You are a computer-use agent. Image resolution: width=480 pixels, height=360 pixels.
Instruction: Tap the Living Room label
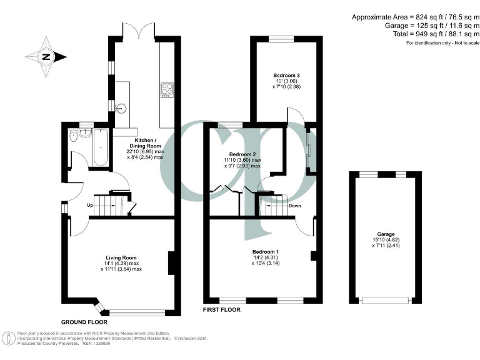(121, 257)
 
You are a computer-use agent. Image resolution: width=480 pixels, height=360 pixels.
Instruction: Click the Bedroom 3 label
(286, 76)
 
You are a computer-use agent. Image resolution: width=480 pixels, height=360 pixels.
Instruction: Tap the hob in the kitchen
(167, 91)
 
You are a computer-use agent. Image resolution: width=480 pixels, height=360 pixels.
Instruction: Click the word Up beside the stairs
(89, 205)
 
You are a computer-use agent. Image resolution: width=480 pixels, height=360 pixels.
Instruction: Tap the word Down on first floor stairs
(294, 205)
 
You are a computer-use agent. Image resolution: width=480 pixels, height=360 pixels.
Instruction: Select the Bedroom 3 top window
(282, 39)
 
